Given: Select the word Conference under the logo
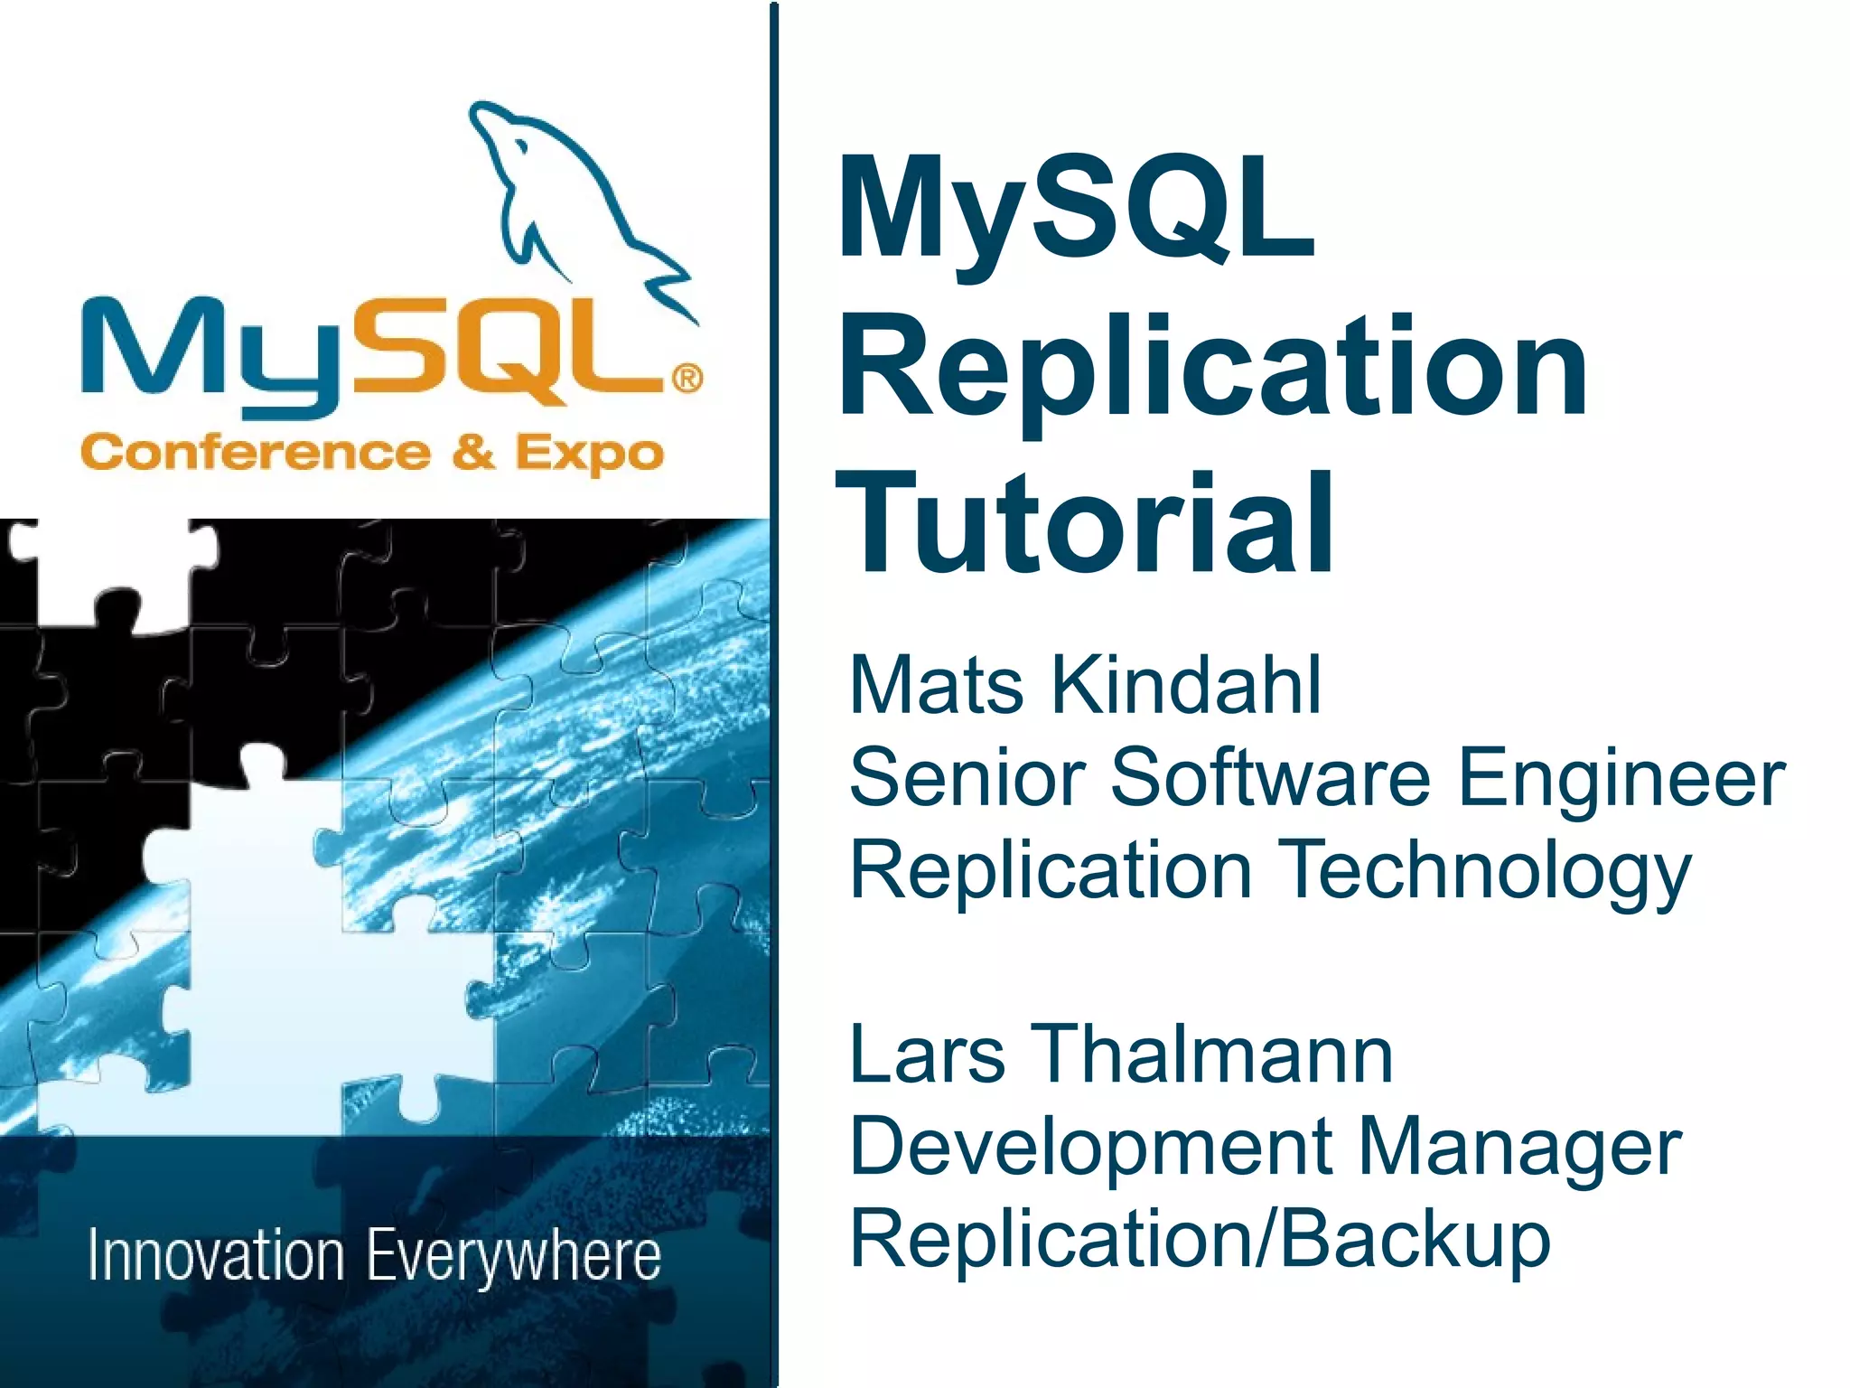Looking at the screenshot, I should click(x=256, y=452).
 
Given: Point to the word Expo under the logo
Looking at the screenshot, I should click(x=589, y=455).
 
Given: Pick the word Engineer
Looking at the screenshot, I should click(x=1621, y=779).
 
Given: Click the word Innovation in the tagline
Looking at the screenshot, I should click(x=216, y=1255).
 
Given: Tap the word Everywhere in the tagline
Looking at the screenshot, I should click(x=514, y=1257).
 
